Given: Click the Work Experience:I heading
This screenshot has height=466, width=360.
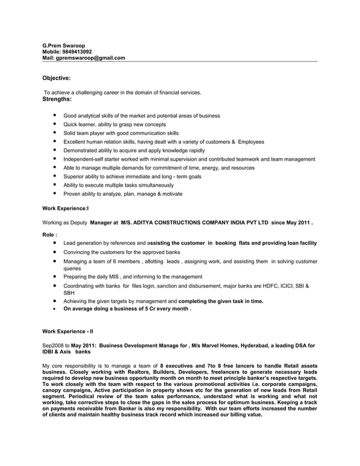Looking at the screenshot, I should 65,208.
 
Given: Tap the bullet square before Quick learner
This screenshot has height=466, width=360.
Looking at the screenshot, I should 55,124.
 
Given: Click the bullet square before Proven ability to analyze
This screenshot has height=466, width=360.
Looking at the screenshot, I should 55,194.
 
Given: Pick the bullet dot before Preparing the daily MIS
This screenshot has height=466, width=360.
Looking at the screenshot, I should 55,277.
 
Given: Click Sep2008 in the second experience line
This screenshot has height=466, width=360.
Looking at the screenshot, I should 52,345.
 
